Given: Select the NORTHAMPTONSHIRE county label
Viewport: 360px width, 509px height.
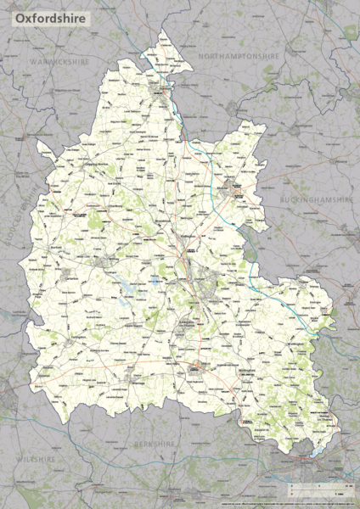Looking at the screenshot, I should point(239,55).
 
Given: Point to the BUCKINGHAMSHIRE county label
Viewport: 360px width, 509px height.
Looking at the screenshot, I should point(316,199).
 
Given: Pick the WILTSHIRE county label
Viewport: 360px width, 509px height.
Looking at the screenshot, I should point(34,458).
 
